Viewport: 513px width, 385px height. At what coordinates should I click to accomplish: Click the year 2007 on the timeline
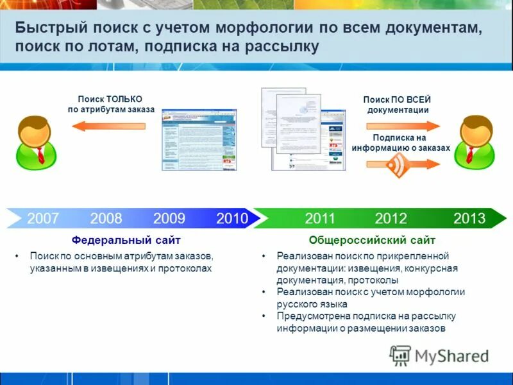[x=43, y=218]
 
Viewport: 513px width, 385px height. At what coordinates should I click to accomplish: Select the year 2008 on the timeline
[x=106, y=218]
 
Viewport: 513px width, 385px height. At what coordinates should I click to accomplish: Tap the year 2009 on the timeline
[x=169, y=218]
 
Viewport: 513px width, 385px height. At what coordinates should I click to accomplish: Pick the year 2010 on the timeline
[x=232, y=218]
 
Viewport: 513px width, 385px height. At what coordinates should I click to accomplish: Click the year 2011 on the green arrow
[x=320, y=218]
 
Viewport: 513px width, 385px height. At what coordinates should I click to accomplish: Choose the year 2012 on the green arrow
[x=391, y=218]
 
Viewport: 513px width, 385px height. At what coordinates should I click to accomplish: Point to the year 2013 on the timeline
[x=469, y=218]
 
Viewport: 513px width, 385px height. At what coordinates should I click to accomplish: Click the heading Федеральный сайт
[x=126, y=240]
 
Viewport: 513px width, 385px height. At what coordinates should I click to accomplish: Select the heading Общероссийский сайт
[x=372, y=240]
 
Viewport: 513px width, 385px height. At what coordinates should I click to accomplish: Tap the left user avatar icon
[x=36, y=142]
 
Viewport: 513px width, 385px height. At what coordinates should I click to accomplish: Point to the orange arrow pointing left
[x=108, y=126]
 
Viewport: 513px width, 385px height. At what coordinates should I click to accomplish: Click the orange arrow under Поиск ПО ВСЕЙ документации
[x=401, y=126]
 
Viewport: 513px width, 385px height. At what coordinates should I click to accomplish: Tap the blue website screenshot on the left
[x=199, y=138]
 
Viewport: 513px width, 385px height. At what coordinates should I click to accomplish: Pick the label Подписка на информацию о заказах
[x=400, y=142]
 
